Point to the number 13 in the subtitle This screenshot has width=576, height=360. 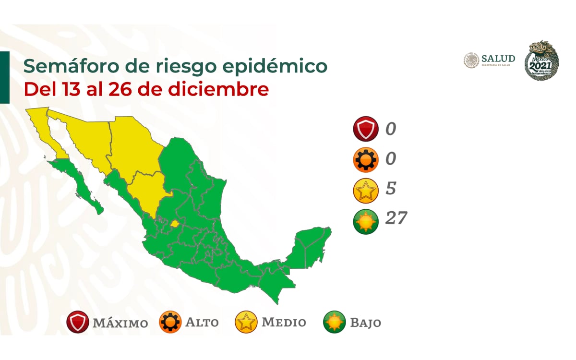70,90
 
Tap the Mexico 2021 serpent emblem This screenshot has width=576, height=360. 542,60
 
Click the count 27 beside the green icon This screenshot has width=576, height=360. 396,218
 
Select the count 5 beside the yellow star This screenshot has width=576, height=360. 391,189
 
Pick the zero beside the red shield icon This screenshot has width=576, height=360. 391,129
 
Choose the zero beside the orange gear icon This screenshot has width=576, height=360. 391,159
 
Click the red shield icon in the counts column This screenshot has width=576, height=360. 366,130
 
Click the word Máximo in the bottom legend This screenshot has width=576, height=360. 120,323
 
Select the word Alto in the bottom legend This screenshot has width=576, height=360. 202,323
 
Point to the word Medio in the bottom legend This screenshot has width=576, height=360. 284,322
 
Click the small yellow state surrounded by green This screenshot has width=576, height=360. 175,223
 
